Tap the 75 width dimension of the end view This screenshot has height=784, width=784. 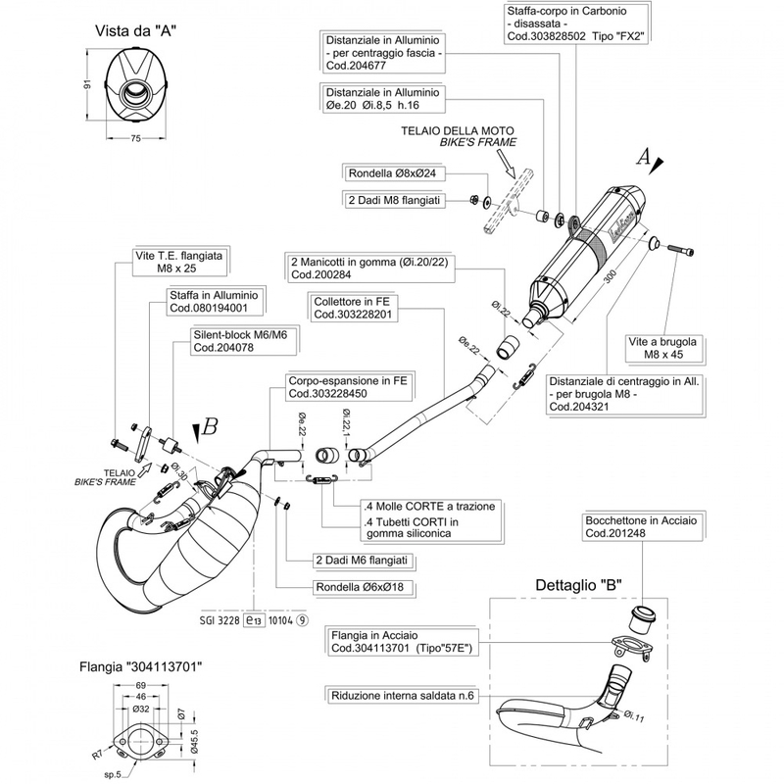(136, 139)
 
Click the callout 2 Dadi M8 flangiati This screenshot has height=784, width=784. (397, 199)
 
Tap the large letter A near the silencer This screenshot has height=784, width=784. (644, 156)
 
